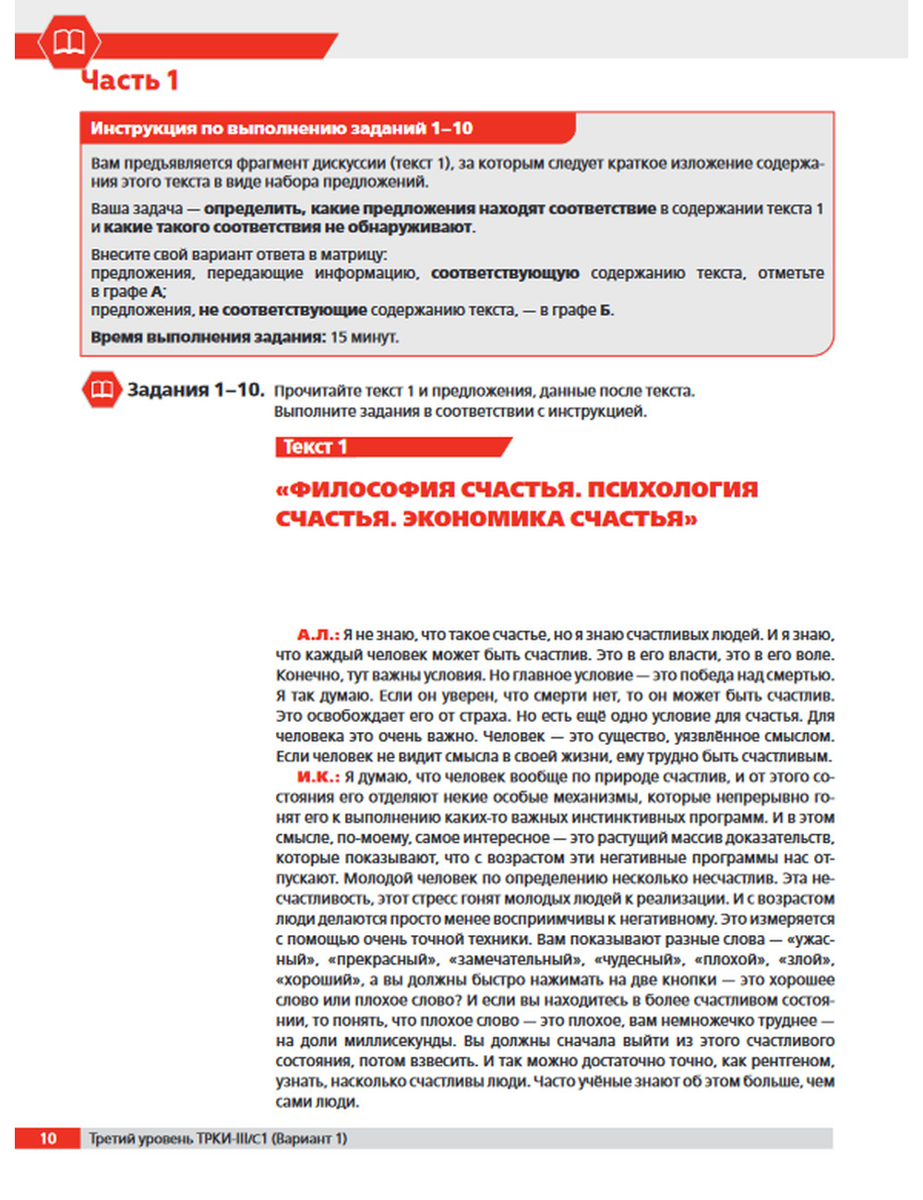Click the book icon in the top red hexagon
(x=69, y=42)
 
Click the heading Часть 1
(x=129, y=80)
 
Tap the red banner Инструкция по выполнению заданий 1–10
(x=282, y=128)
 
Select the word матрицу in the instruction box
(x=359, y=255)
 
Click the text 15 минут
(x=365, y=337)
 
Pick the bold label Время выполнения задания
(x=208, y=337)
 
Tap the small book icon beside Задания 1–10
(x=102, y=390)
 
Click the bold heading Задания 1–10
(x=196, y=390)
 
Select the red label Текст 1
(x=315, y=447)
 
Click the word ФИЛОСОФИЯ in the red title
(x=369, y=489)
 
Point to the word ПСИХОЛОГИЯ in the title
(x=673, y=489)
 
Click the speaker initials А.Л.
(x=318, y=635)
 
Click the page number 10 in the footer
(x=48, y=1138)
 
